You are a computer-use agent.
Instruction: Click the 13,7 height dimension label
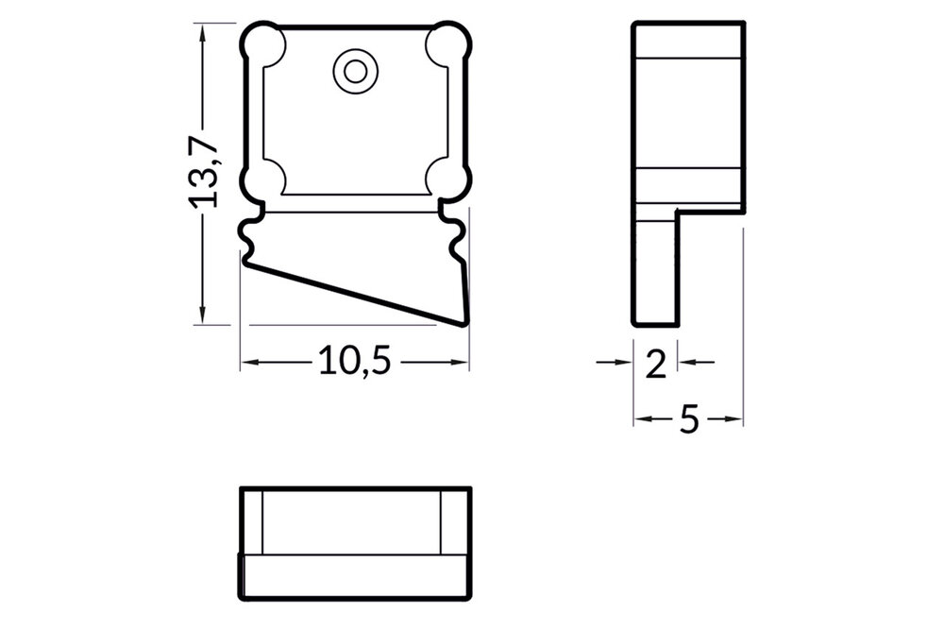202,171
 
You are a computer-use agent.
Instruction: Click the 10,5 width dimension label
354,361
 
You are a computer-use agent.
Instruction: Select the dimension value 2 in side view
655,362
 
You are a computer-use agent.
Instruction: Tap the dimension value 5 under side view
689,418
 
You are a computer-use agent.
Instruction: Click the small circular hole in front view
355,71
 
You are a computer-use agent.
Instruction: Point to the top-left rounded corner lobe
264,44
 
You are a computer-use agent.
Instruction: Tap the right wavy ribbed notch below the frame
457,242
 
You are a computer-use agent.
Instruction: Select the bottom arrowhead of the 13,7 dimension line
202,316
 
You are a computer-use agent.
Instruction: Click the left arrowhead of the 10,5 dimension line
247,362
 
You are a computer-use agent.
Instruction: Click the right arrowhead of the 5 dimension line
737,418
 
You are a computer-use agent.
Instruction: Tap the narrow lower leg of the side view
655,269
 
